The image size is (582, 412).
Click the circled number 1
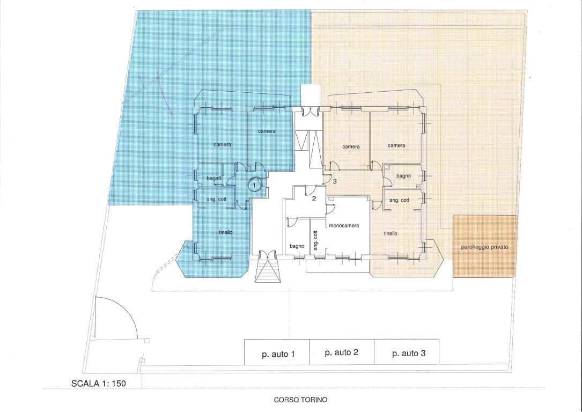[255, 185]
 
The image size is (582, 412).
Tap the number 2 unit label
[314, 199]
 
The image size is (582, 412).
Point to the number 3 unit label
[335, 181]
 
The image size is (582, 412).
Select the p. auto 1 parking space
[277, 352]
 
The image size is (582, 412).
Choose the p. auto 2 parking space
[342, 352]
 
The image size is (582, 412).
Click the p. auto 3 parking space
[407, 352]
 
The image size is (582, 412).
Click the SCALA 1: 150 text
[99, 384]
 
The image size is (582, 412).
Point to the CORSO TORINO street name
[300, 400]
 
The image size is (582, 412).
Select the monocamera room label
[344, 225]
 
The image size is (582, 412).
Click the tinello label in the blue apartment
[226, 232]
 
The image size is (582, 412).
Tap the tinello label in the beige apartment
[391, 233]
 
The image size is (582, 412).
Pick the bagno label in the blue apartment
[214, 179]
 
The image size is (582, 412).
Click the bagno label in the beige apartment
[403, 176]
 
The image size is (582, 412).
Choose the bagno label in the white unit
[297, 246]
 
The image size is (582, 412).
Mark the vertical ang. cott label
[315, 240]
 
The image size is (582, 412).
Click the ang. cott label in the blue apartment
[216, 200]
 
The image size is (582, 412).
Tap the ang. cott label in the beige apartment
[399, 201]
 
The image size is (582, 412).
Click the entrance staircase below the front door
[267, 271]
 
